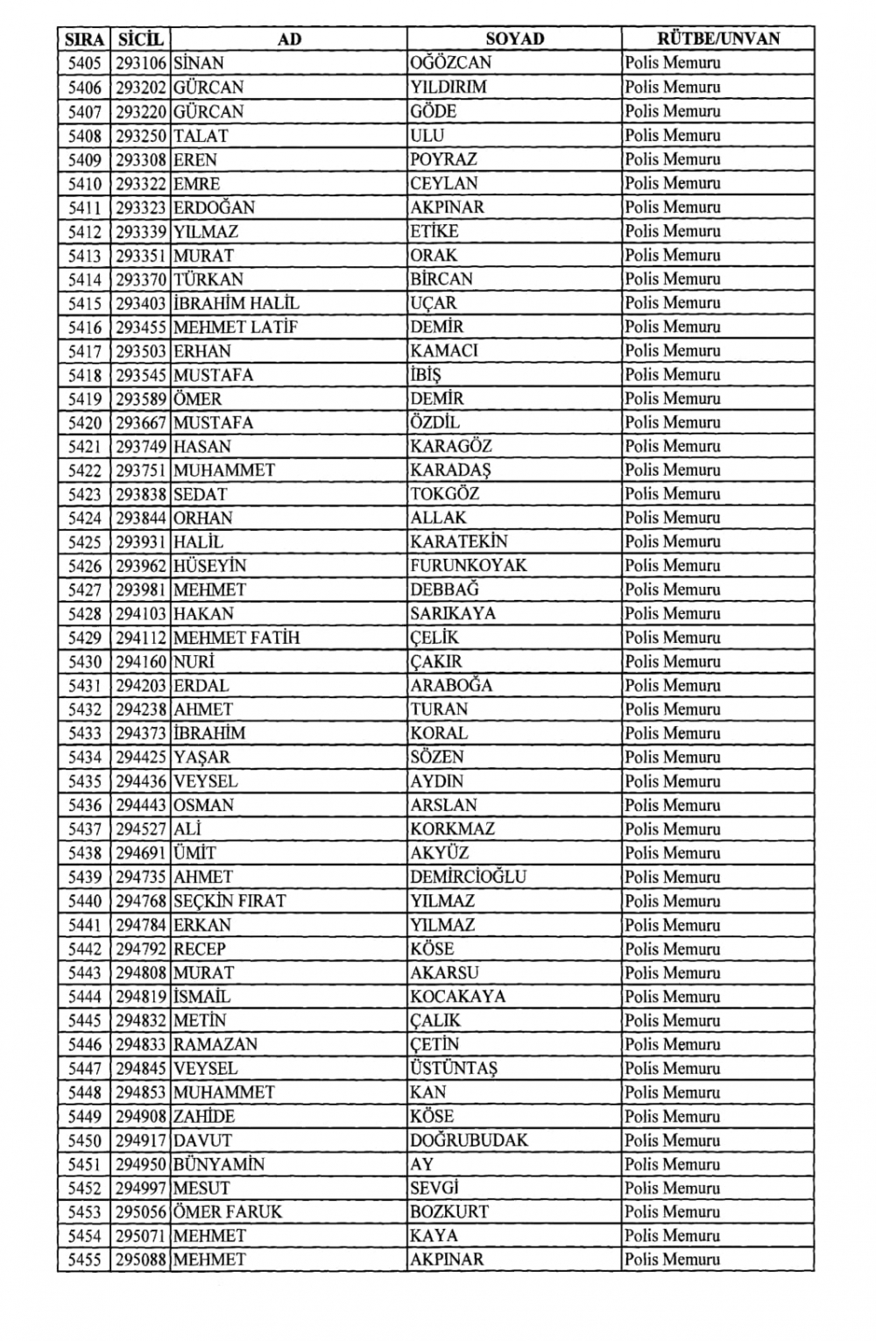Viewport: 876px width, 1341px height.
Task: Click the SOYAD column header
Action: [x=514, y=39]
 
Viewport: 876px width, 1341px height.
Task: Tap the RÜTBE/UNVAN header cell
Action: [x=717, y=39]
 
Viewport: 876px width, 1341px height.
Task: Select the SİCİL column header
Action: [x=140, y=39]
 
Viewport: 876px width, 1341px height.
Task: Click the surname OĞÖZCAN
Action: [x=450, y=63]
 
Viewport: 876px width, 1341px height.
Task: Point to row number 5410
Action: [x=84, y=184]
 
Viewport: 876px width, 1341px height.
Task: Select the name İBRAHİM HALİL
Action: [x=237, y=303]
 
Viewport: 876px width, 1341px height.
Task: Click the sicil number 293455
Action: [x=141, y=328]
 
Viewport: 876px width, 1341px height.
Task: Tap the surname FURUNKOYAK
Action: [x=468, y=566]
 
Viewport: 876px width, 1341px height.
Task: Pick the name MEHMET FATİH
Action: [x=237, y=638]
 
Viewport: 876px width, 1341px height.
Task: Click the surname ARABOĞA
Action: [x=451, y=686]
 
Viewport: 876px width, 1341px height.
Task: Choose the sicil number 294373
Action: [x=141, y=733]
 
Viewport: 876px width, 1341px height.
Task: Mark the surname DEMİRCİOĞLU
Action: [x=468, y=877]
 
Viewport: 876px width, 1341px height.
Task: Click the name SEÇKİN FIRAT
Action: [x=230, y=900]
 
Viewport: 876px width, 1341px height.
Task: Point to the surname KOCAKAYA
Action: [x=457, y=997]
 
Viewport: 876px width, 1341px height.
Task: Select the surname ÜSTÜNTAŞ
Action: [x=453, y=1069]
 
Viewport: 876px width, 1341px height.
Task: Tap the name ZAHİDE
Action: [x=204, y=1117]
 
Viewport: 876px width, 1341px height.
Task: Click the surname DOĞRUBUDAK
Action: [x=469, y=1140]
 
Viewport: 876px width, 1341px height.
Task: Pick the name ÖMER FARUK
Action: [x=228, y=1212]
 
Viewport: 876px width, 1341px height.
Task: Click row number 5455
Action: [x=84, y=1260]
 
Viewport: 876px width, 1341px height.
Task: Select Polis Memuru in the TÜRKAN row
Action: [x=672, y=279]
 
